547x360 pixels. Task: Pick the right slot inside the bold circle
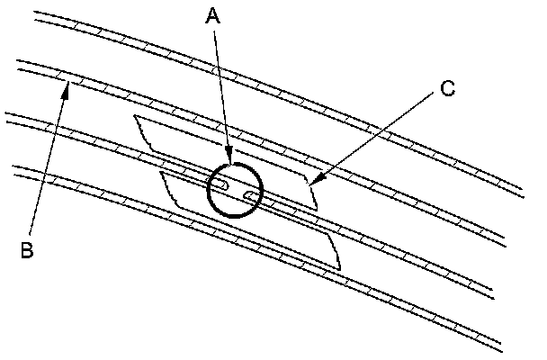[x=251, y=195]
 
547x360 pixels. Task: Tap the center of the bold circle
[x=233, y=190]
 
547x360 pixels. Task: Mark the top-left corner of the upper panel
[x=133, y=116]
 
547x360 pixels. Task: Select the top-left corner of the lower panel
[x=159, y=171]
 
